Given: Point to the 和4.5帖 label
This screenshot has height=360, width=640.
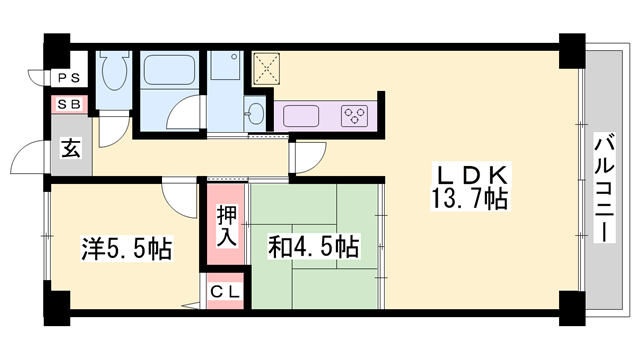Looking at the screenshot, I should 314,246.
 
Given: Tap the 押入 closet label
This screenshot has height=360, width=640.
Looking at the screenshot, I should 226,226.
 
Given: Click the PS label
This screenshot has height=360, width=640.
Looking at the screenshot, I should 70,77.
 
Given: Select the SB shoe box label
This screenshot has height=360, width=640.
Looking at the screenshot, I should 70,103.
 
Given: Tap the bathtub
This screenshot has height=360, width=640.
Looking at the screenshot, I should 173,72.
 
